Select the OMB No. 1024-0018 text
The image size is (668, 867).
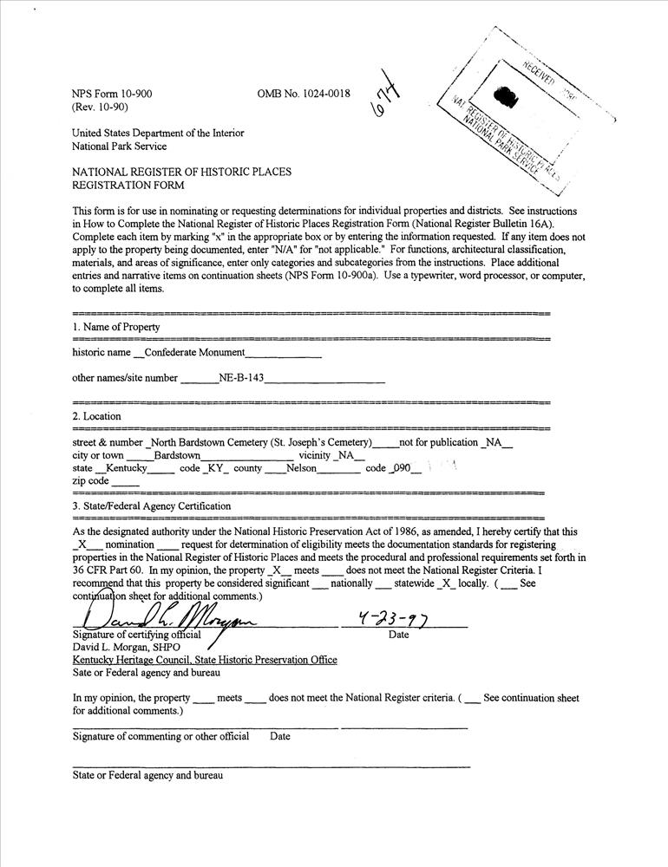(304, 93)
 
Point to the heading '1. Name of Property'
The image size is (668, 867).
(116, 327)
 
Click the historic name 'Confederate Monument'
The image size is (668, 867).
(194, 353)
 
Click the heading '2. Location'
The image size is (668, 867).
(96, 416)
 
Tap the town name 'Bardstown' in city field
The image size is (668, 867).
(177, 455)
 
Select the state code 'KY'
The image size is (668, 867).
(215, 468)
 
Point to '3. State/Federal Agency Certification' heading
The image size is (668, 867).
(152, 505)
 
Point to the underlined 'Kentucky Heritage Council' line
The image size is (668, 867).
(205, 660)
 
